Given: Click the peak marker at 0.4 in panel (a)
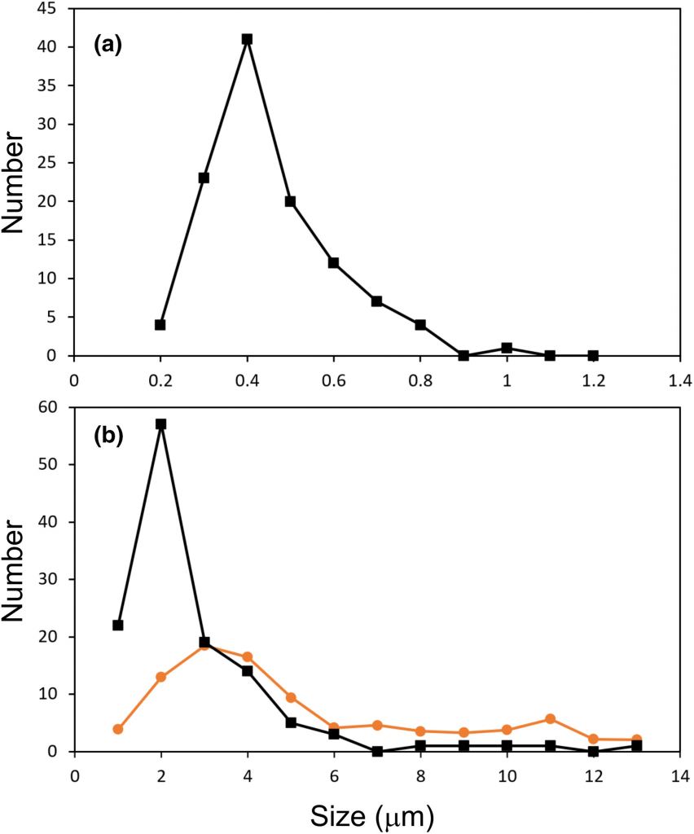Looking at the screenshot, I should [247, 39].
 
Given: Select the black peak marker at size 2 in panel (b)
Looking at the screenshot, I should [160, 424].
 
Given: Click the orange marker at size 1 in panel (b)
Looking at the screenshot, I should [118, 729].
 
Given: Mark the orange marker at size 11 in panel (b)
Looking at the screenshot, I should [550, 719].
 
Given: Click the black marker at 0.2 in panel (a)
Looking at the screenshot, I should [160, 324].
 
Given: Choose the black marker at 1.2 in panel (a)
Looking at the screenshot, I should [593, 355].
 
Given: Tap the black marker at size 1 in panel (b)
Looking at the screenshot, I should [118, 625].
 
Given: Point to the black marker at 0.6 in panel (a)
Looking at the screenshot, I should [333, 262].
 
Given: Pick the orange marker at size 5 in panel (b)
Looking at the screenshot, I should [291, 697].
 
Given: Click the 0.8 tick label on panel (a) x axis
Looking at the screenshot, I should [419, 378].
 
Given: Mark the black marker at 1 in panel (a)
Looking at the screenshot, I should [507, 348].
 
